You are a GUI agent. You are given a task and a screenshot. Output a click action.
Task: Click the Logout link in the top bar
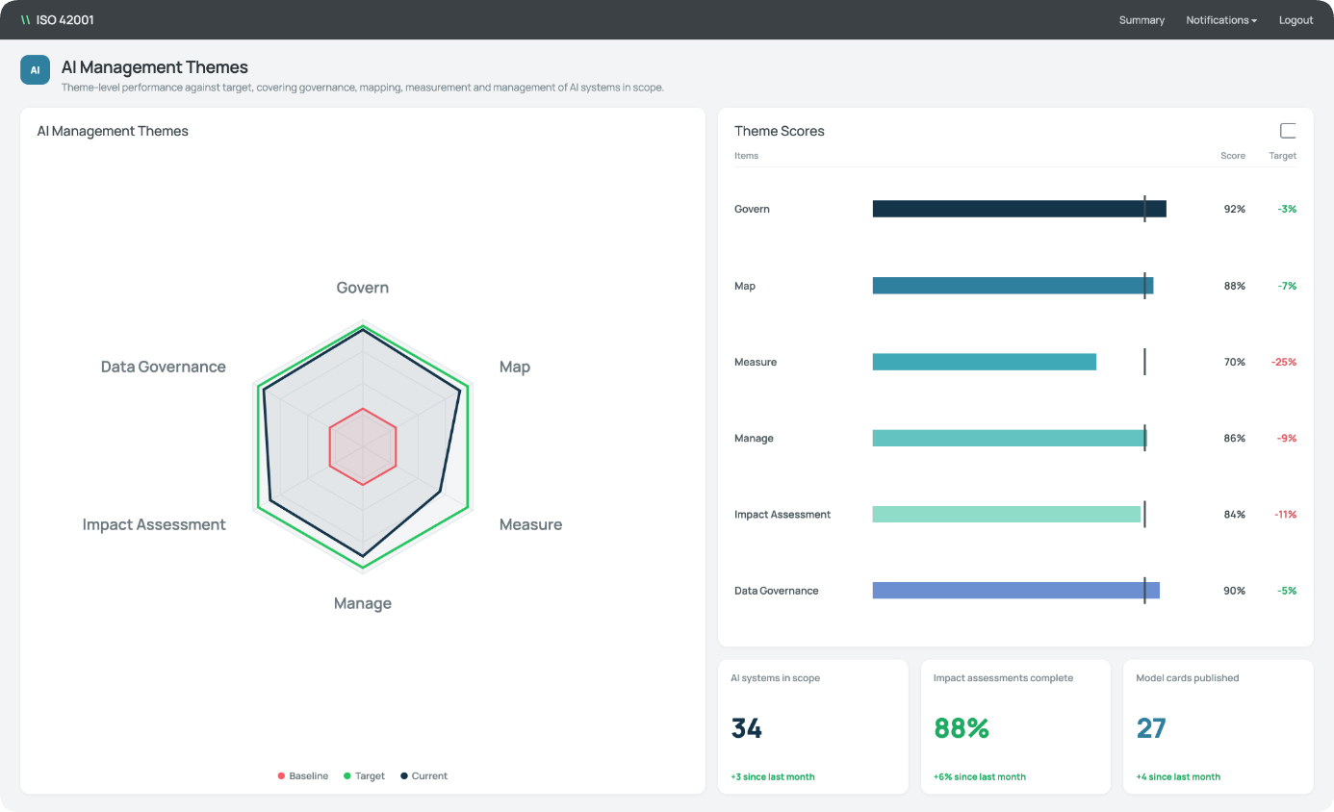click(1296, 20)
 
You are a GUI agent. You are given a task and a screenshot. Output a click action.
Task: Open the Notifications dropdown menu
click(1220, 20)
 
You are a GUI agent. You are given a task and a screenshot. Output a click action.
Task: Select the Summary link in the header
click(1142, 20)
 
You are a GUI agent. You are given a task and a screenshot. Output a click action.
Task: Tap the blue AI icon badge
click(36, 69)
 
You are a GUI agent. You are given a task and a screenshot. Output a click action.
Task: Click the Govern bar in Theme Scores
click(1019, 209)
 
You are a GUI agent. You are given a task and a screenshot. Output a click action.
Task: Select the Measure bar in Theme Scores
click(984, 362)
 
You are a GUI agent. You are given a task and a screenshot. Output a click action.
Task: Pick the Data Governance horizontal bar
click(1016, 591)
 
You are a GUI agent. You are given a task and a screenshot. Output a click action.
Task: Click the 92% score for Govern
click(1234, 209)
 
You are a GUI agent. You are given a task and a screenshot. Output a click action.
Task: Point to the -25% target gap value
click(1283, 362)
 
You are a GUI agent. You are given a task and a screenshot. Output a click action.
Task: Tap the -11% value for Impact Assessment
click(1285, 515)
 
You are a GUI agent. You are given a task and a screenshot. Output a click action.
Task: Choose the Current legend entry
click(423, 775)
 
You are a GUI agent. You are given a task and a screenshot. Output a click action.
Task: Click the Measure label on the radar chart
click(530, 524)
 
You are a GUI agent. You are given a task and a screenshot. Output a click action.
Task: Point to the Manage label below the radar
click(363, 603)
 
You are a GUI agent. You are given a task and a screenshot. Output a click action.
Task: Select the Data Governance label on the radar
click(164, 367)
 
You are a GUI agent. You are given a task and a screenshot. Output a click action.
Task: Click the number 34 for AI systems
click(746, 728)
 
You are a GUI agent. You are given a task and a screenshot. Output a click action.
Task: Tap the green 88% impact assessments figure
click(962, 728)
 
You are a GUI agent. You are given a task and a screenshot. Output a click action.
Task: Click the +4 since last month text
click(1178, 776)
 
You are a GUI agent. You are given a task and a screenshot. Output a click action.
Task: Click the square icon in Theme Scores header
click(1288, 131)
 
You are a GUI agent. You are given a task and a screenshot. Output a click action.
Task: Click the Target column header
click(1282, 155)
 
